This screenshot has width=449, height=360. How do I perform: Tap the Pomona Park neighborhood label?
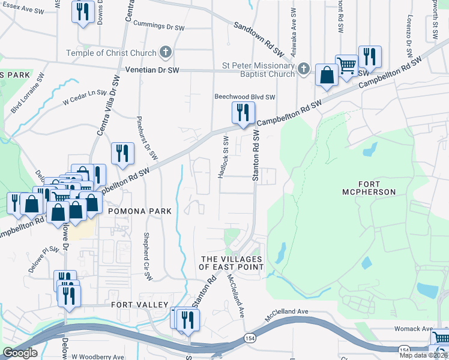(x=140, y=211)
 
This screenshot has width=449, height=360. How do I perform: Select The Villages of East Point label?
(x=231, y=262)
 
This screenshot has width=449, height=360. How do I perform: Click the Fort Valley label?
(x=139, y=305)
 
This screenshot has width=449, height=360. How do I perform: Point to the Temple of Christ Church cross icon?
(x=166, y=53)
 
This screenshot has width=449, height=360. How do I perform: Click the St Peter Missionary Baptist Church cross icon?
(x=304, y=68)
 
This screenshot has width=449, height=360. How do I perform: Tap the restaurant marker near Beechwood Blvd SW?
(x=243, y=113)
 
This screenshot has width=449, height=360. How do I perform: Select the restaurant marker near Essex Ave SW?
(x=82, y=11)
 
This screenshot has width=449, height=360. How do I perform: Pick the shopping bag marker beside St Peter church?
(x=326, y=76)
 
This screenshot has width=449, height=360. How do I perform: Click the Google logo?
(x=20, y=353)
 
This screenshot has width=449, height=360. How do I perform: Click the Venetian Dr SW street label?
(x=152, y=70)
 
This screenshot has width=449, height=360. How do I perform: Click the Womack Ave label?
(x=414, y=329)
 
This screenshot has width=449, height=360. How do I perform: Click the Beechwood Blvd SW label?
(x=245, y=97)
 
